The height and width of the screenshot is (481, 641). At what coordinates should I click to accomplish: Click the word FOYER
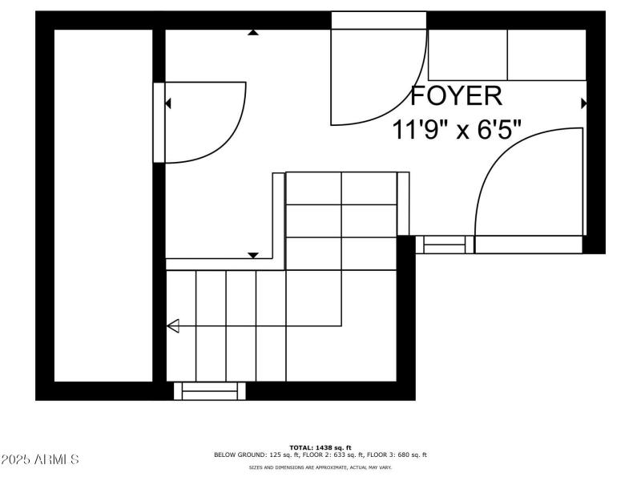point(457,96)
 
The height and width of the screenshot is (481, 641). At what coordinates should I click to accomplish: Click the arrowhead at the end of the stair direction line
point(172,325)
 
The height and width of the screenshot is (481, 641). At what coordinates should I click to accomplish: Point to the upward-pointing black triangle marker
point(253,33)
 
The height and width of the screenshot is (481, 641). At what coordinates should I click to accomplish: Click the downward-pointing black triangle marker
point(253,255)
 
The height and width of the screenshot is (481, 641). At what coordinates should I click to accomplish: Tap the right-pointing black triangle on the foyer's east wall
point(583,103)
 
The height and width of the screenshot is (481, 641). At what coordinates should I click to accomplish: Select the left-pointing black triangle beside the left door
point(168,103)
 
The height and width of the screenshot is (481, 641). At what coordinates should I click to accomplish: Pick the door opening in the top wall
point(380,20)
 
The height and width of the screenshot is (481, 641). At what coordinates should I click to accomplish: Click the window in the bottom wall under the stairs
point(210,390)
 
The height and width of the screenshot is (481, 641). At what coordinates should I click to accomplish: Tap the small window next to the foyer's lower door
point(444,245)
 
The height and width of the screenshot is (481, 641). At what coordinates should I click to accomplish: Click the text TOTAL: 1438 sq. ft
point(320,447)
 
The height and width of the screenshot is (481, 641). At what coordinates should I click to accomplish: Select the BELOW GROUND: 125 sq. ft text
point(256,455)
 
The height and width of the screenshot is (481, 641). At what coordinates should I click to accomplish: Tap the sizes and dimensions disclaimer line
point(320,467)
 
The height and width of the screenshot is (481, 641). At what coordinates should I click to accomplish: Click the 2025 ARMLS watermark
point(40,459)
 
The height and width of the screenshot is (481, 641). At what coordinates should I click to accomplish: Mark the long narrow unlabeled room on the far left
point(103,204)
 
